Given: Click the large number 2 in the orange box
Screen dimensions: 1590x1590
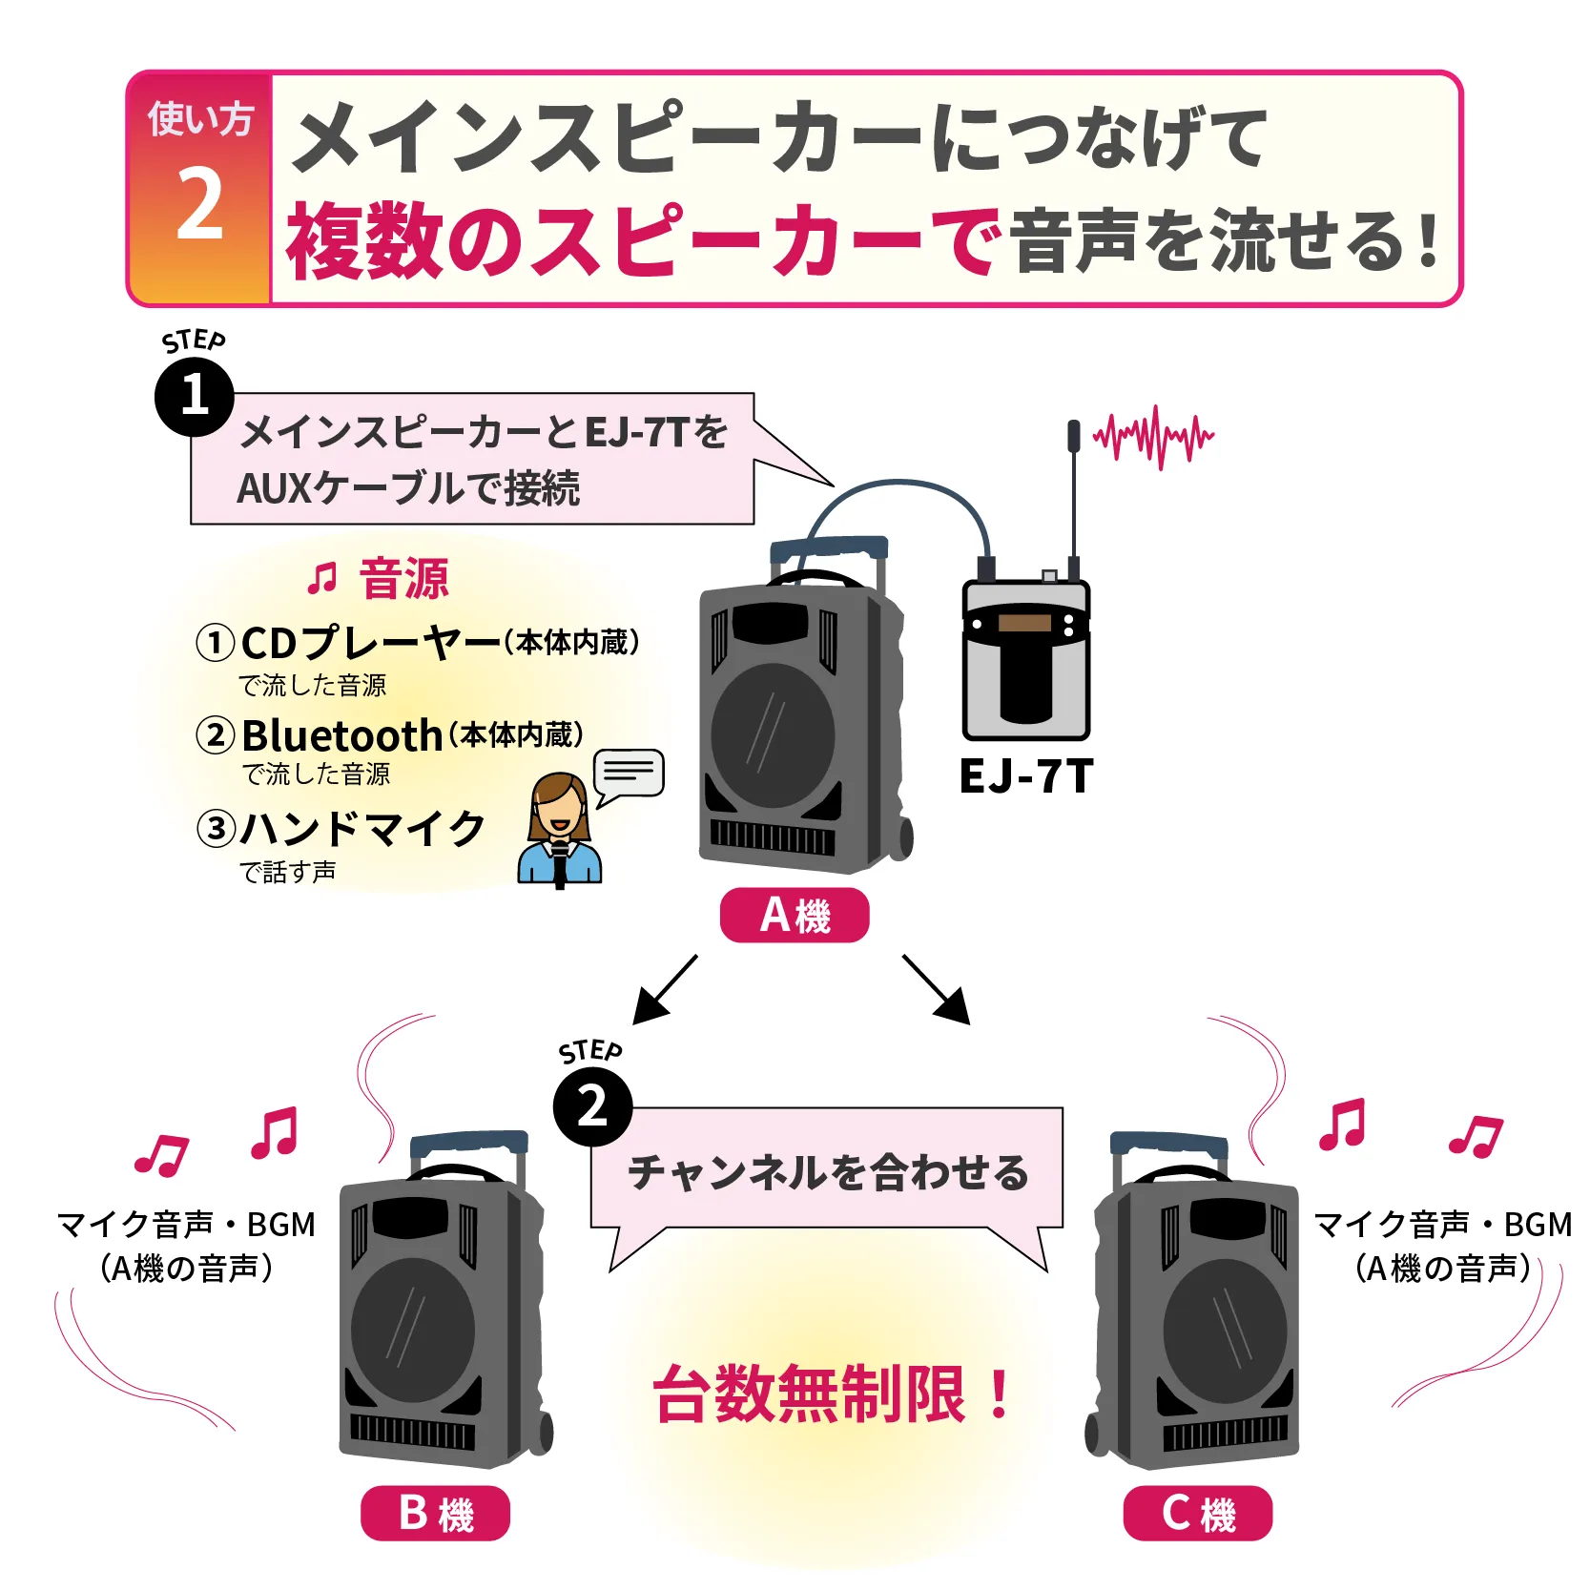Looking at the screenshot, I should click(199, 204).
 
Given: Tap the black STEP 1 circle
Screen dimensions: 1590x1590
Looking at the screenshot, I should click(195, 396).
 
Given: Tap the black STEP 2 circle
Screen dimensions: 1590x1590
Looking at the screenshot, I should click(592, 1106).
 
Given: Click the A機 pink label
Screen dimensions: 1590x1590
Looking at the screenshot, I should click(795, 916).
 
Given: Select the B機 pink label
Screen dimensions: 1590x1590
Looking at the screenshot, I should click(435, 1514).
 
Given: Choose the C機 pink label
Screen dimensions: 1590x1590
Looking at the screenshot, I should click(1197, 1514).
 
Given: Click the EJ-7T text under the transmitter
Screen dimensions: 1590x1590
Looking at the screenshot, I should click(1025, 776).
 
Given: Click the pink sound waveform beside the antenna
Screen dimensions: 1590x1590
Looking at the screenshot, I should click(1154, 437).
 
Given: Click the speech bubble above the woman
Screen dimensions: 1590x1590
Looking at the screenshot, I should click(628, 773).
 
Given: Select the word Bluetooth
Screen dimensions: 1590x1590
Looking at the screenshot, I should click(341, 735).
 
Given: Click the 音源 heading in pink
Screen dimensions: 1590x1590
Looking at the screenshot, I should click(403, 579).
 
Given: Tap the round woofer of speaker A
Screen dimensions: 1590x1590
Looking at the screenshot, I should click(773, 735).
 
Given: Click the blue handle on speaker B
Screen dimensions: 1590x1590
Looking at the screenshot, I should click(468, 1142).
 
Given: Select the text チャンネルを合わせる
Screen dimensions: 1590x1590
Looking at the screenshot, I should click(828, 1172).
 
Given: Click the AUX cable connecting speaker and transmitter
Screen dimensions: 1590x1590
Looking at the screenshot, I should click(901, 485).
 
